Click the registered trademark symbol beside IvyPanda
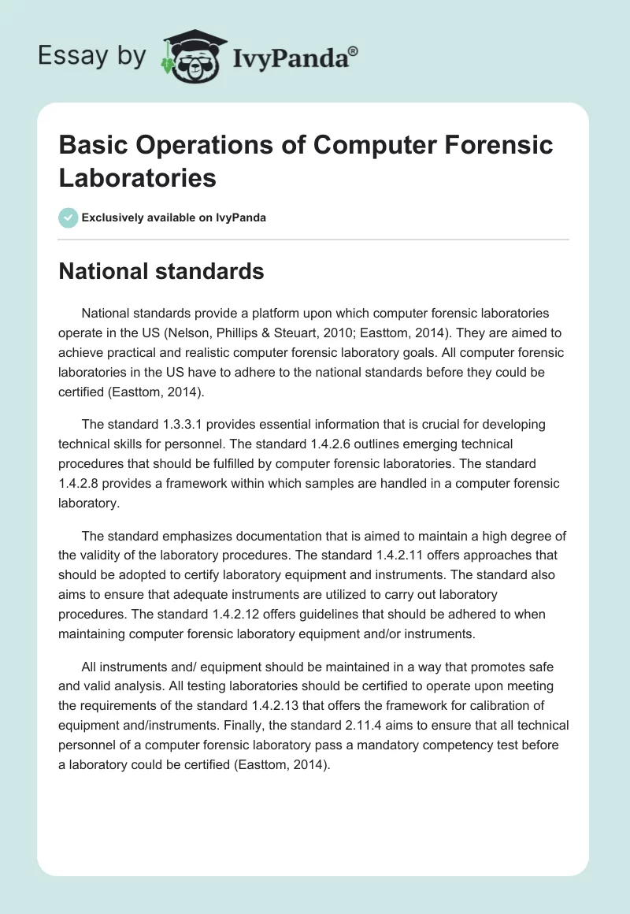354,51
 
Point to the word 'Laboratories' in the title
138,177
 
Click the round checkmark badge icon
69,217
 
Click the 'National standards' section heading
161,271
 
